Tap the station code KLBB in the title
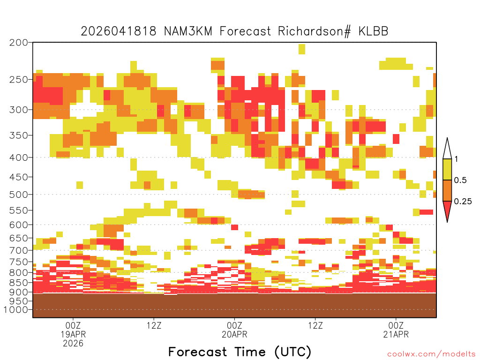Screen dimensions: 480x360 point(373,31)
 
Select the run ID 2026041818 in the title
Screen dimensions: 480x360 point(119,31)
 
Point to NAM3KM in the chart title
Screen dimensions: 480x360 point(188,31)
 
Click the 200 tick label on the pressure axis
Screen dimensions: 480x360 point(19,43)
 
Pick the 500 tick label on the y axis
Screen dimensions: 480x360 point(19,195)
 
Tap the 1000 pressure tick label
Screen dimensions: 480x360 point(15,309)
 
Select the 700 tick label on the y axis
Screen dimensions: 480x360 point(19,250)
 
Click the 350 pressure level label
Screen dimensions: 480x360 point(19,135)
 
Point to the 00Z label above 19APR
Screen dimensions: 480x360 point(73,325)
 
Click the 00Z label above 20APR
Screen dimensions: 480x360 point(234,325)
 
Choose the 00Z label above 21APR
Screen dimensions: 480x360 point(396,325)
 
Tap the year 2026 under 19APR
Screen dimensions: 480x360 point(73,343)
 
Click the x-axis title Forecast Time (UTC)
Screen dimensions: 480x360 point(240,352)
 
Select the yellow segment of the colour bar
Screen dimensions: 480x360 point(447,169)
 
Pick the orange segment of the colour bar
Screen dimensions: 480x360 point(447,190)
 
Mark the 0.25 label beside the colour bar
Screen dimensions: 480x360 point(463,201)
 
